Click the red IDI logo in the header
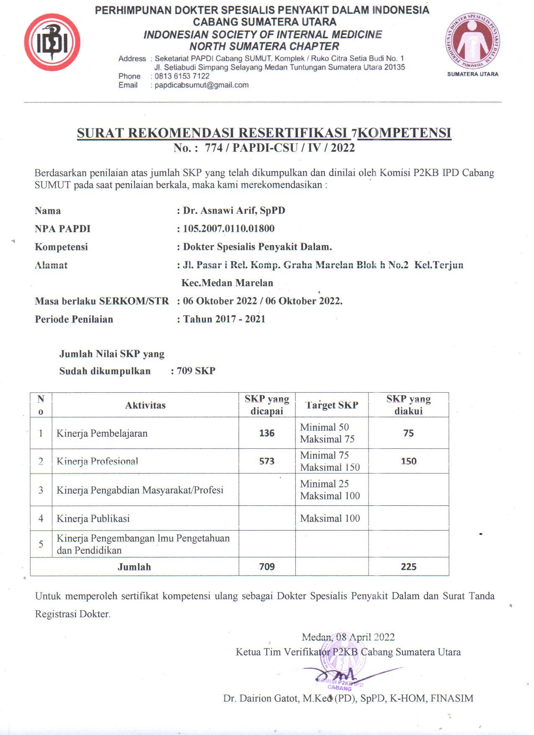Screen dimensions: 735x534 pos(52,42)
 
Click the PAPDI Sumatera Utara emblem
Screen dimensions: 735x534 pos(472,41)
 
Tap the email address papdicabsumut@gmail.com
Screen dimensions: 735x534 pos(201,85)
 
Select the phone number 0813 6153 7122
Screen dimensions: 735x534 pos(182,76)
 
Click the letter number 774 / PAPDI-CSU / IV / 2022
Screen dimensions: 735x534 pos(279,148)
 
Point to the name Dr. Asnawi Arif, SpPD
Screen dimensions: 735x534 pos(234,210)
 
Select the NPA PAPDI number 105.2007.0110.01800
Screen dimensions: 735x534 pos(229,228)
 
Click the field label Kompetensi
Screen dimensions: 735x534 pos(61,247)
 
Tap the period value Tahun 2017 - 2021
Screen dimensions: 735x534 pos(224,319)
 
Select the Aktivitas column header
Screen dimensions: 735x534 pos(145,405)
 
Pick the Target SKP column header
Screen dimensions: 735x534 pos(332,405)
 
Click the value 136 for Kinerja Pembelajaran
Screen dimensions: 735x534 pos(267,433)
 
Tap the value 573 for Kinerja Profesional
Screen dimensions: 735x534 pos(267,461)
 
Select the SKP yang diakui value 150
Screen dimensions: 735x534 pos(408,461)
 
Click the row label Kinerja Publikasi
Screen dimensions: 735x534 pos(93,518)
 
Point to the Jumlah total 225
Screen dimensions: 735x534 pos(408,567)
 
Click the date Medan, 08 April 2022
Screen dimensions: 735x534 pos(348,637)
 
